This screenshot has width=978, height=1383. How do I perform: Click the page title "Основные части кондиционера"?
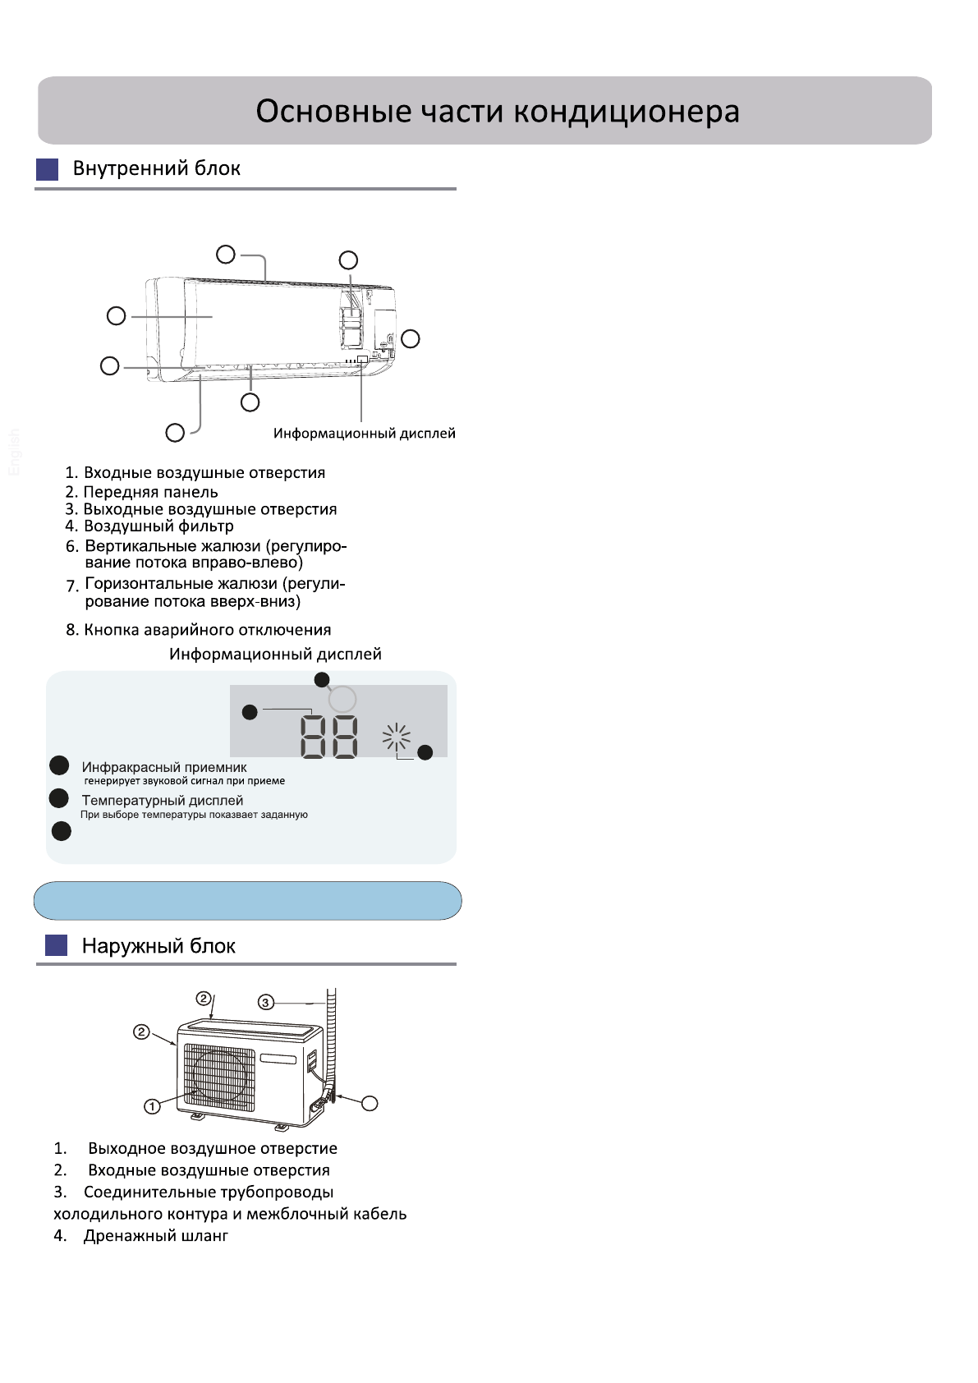497,111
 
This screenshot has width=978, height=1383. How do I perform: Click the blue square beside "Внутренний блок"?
48,169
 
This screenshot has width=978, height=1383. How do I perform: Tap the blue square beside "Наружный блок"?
56,945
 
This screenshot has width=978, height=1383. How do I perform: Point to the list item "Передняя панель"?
150,492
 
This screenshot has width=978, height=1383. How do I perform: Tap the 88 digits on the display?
329,736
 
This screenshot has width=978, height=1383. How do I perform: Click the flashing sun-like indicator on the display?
397,737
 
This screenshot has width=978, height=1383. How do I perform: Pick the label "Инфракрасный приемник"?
164,767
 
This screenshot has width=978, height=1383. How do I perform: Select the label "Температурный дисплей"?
163,800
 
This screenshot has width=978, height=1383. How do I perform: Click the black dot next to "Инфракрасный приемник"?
59,765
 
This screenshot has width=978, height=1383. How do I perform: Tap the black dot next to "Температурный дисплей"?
59,798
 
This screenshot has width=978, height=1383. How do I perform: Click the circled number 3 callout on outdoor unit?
265,1002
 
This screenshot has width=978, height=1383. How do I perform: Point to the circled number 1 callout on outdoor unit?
152,1106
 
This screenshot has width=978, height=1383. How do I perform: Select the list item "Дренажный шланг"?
155,1235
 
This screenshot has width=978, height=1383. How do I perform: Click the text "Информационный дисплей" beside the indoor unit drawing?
364,434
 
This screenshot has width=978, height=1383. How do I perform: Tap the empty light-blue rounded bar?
247,901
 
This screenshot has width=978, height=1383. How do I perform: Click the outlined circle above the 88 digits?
342,699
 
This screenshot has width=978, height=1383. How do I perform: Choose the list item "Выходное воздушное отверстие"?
212,1148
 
